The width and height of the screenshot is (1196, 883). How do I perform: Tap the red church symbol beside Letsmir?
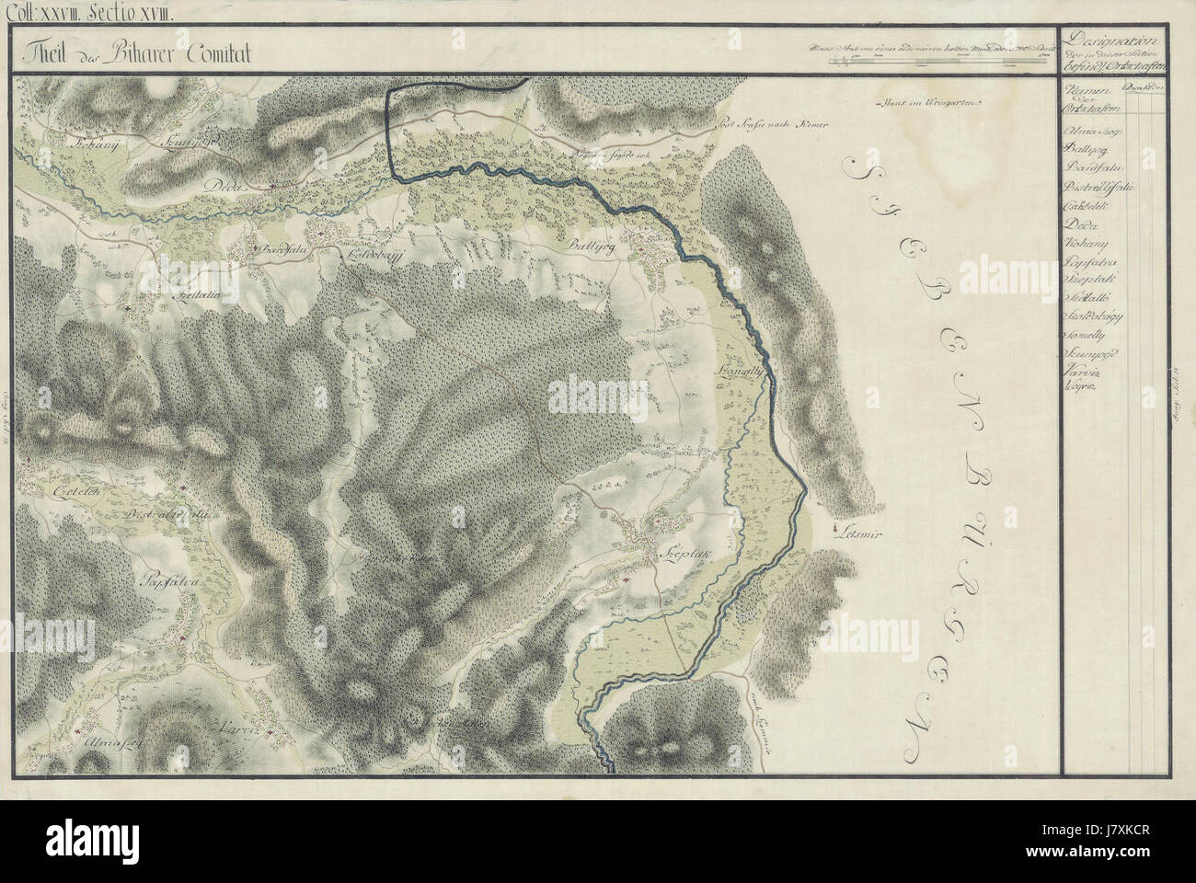coord(835,530)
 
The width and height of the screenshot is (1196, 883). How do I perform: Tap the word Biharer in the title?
coord(128,53)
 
